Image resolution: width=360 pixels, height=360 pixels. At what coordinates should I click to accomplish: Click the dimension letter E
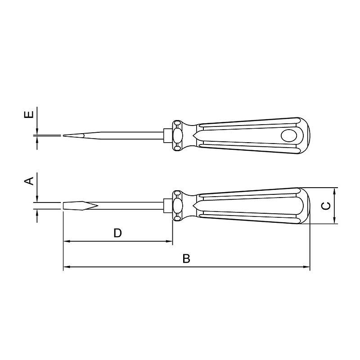tap(29, 114)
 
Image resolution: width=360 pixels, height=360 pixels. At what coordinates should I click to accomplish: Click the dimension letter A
tap(29, 181)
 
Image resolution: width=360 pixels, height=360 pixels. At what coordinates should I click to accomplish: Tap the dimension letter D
tap(117, 233)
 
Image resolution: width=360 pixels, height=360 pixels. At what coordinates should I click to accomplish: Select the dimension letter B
tap(186, 258)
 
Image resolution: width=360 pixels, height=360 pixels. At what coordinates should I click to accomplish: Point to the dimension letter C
tap(326, 206)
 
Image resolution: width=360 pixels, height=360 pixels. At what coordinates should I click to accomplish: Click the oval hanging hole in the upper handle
tap(289, 135)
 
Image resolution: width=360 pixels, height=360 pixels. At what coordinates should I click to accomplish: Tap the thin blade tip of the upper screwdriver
tap(64, 135)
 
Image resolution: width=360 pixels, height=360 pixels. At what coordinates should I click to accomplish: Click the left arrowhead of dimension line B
tap(66, 267)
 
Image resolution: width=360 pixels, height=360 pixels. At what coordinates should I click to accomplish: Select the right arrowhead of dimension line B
tap(307, 267)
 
